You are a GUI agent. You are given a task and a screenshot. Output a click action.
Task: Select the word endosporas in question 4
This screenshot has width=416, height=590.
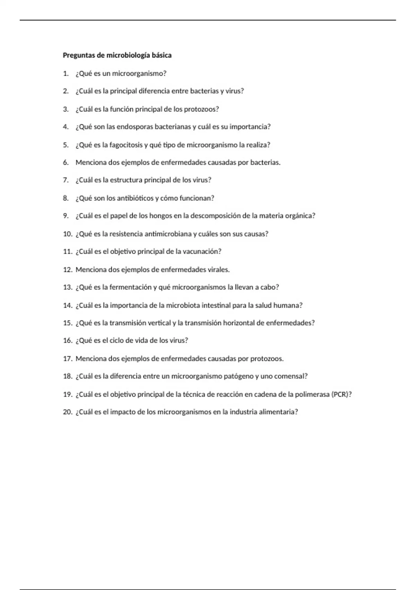tap(135, 127)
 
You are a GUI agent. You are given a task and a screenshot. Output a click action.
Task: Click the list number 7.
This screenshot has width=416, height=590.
tap(66, 180)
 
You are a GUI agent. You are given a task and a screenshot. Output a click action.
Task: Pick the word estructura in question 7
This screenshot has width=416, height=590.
tap(126, 180)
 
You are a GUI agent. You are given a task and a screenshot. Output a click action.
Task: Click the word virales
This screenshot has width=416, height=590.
tap(218, 270)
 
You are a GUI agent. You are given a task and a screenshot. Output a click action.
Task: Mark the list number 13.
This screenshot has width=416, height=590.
tap(67, 287)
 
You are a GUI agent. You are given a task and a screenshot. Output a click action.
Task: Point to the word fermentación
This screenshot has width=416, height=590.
tap(130, 287)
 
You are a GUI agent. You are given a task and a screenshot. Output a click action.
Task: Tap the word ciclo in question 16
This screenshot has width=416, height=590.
tap(117, 340)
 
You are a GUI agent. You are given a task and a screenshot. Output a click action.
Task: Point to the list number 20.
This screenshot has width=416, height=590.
tap(67, 412)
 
